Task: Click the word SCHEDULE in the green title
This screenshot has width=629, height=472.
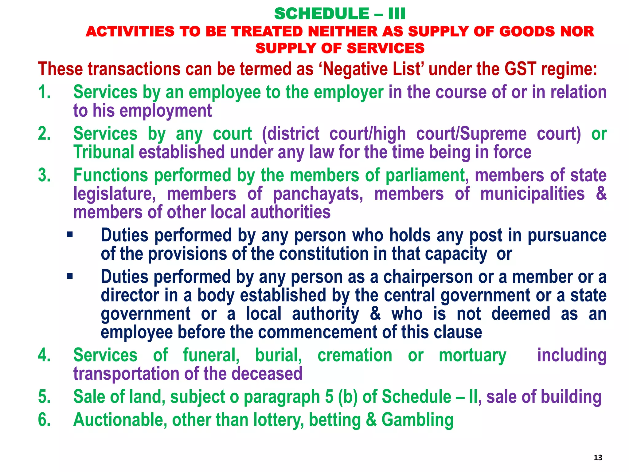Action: point(322,14)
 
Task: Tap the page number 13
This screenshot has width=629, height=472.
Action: point(598,458)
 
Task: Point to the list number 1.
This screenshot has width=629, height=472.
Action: point(44,92)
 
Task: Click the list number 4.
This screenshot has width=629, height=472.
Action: point(44,355)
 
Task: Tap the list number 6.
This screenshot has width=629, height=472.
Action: point(44,420)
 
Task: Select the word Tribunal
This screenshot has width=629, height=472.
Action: point(104,152)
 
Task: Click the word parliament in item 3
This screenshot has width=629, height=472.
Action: point(425,175)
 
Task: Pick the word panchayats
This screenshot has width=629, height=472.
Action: point(318,194)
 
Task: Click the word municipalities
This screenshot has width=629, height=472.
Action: point(533,194)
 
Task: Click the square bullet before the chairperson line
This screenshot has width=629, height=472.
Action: point(70,276)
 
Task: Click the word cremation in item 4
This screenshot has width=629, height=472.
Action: point(355,355)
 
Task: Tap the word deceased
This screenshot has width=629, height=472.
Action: point(267,374)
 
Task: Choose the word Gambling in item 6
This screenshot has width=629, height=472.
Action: point(417,420)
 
